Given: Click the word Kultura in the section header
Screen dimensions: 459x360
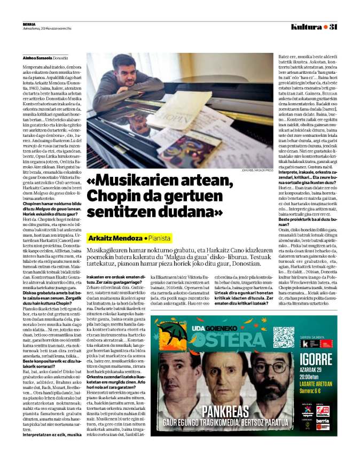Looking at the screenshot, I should (307, 27).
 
